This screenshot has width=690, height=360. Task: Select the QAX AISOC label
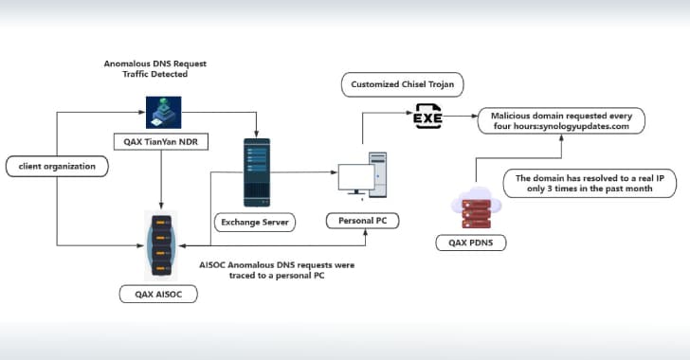coord(158,295)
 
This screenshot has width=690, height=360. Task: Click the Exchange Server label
coord(253,223)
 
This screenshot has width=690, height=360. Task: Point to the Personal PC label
coord(363,221)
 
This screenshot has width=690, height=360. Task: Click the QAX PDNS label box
coord(478,243)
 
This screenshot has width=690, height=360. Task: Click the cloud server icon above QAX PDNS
coord(478,206)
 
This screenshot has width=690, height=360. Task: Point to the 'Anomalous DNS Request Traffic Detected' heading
coord(154,68)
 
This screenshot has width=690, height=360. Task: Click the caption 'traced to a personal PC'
coord(275,276)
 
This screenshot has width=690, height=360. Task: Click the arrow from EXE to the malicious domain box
coord(460,119)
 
